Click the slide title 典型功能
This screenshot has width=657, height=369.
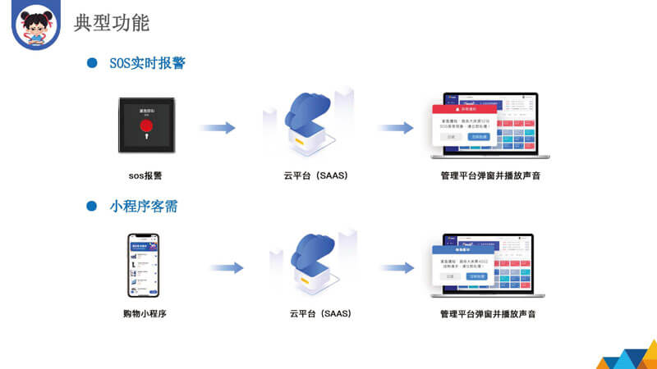tap(112, 22)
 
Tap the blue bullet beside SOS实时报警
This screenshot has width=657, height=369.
tap(93, 63)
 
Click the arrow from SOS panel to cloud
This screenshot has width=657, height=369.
tap(218, 128)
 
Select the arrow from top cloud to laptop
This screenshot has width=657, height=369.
tap(395, 128)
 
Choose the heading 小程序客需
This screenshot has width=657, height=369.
tap(144, 207)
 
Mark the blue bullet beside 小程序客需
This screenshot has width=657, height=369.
tap(93, 207)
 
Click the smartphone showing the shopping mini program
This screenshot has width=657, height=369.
tap(143, 266)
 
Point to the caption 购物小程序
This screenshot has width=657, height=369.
tap(145, 313)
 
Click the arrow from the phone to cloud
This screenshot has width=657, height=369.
tap(226, 267)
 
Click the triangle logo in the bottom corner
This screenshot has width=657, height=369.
tap(628, 358)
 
